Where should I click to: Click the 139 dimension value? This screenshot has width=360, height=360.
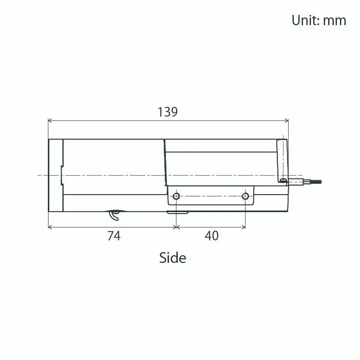(x=167, y=112)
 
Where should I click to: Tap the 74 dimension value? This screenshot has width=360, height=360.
(x=114, y=236)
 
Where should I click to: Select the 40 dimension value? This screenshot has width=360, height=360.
(x=212, y=236)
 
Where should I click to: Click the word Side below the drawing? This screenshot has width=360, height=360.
(x=173, y=258)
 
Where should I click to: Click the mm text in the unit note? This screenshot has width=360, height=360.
(x=334, y=21)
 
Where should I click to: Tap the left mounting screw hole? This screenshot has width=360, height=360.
(x=176, y=196)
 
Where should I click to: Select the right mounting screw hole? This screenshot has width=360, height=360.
(x=245, y=196)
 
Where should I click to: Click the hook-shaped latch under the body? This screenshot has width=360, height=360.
(x=115, y=215)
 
